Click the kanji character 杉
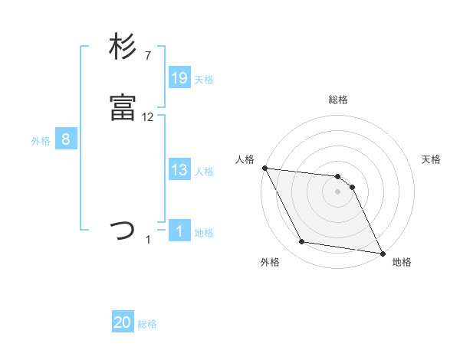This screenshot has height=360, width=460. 123,47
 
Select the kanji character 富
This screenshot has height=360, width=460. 123,108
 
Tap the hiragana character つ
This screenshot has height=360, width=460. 123,229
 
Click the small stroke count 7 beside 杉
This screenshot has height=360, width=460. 148,56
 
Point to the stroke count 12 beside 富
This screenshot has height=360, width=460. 148,117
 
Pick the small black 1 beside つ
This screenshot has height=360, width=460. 148,240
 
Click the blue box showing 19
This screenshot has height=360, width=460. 179,77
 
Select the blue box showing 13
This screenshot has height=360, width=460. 179,170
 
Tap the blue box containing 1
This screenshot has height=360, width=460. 179,231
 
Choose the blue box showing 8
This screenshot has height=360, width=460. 66,139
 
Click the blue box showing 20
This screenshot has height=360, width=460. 123,323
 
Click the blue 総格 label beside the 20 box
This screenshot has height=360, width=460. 147,324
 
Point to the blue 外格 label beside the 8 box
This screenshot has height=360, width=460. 41,140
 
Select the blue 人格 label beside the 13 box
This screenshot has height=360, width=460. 204,171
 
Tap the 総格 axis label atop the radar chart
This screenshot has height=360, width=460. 338,100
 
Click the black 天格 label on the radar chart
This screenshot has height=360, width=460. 432,159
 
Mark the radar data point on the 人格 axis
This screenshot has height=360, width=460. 264,168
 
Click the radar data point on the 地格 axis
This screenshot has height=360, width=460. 382,253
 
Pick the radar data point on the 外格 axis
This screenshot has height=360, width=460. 302,243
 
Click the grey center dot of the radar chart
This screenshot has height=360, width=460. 338,191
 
